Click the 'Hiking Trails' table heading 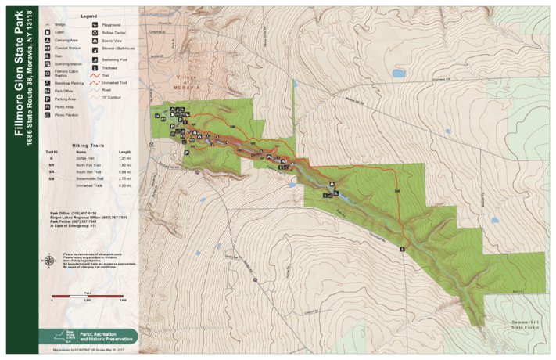(88, 145)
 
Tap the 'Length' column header (124, 152)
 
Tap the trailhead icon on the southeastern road (402, 248)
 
